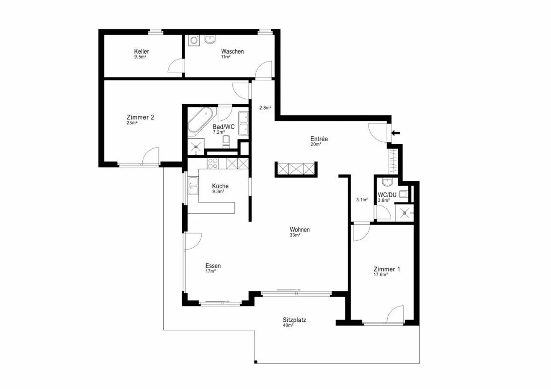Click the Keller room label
coord(141,52)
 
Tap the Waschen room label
coord(232,52)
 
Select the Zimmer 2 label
coord(140,117)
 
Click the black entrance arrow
coord(396,133)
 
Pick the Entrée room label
coord(319,139)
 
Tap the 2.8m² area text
coord(265,108)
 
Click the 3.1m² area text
coord(362,199)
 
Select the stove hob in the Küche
coord(212,164)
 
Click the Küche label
coord(220,186)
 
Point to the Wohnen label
coord(300,230)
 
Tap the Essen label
coord(213,266)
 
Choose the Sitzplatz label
coord(294,320)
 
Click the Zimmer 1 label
coord(386,269)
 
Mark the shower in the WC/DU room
coord(404,213)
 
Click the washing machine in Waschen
coord(194,41)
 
